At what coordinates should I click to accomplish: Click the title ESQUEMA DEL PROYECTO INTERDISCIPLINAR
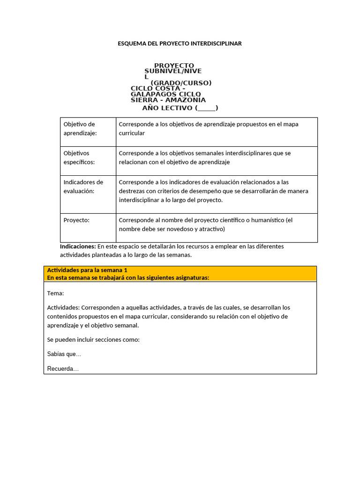pos(180,44)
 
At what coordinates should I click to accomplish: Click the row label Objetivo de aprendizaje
pos(79,129)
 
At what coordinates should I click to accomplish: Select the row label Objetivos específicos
pos(79,157)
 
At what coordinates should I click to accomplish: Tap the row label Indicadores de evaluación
pos(83,187)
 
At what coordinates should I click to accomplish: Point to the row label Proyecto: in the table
pos(76,220)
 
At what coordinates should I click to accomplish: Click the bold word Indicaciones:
pos(78,246)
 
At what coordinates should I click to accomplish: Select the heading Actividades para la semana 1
pos(87,270)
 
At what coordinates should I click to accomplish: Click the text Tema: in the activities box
pos(56,293)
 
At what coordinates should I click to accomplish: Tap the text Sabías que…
pos(64,354)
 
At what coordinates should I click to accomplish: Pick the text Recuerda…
pos(63,369)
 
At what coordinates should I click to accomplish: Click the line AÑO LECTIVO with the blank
pos(180,108)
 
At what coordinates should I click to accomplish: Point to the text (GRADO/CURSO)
pos(181,83)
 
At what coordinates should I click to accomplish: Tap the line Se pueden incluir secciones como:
pos(93,339)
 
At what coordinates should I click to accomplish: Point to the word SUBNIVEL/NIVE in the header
pos(172,71)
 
